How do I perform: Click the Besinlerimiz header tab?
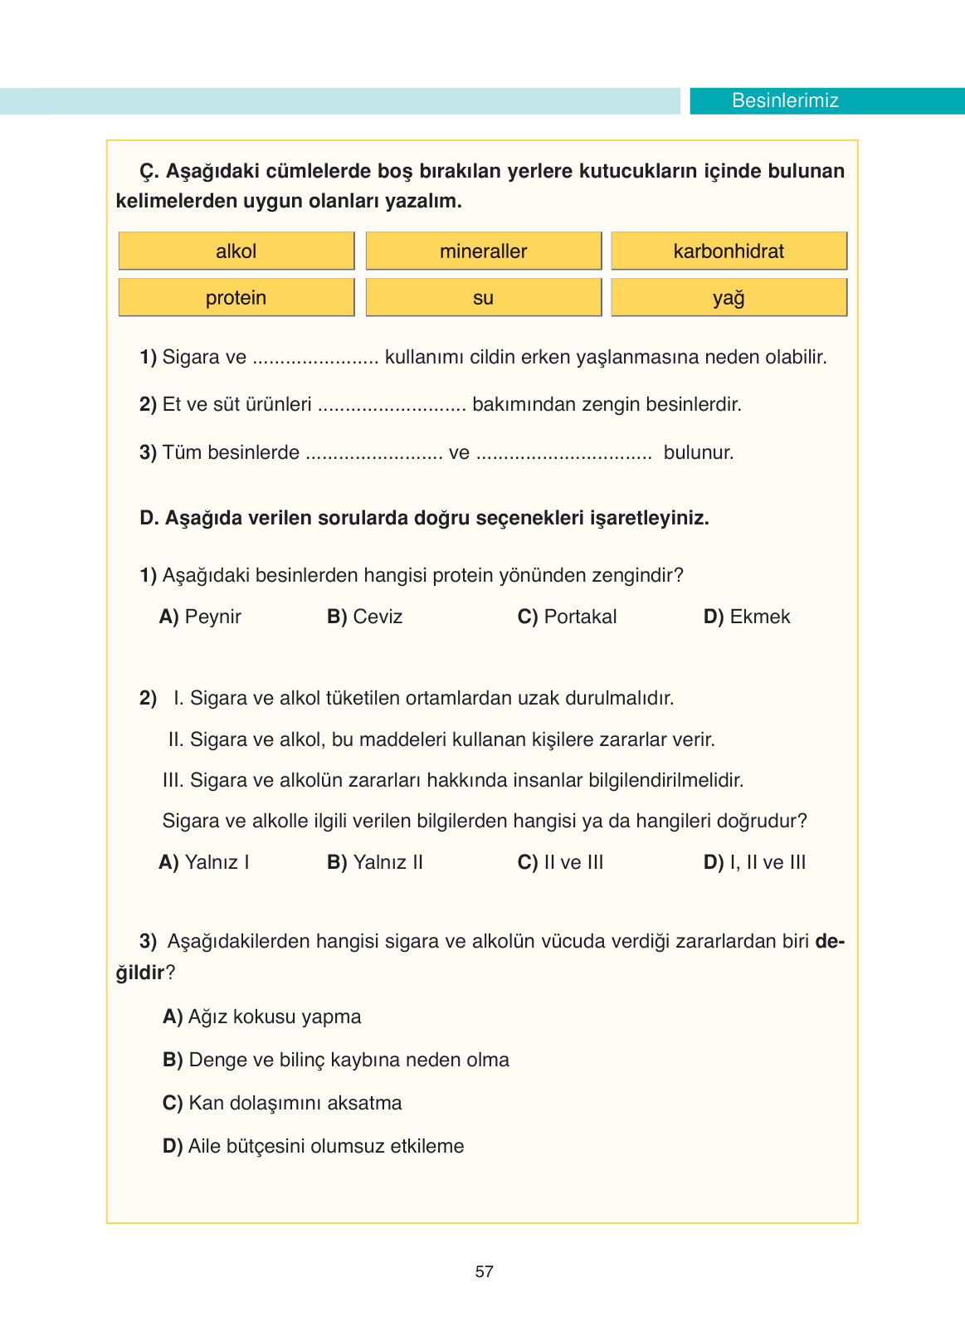point(785,100)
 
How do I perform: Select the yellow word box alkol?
point(236,251)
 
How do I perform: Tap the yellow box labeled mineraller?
point(484,251)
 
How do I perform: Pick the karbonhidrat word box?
point(729,251)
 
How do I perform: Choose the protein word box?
point(236,297)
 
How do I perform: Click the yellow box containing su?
point(484,297)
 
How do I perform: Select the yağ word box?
point(729,297)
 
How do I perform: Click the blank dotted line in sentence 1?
point(315,359)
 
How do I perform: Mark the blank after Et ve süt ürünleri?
point(392,407)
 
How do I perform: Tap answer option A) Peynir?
point(200,617)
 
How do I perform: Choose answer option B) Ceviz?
point(365,617)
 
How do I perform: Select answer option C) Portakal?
point(568,617)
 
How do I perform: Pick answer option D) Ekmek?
point(747,617)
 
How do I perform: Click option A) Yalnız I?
point(204,862)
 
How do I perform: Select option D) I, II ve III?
point(754,862)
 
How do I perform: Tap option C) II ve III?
point(561,862)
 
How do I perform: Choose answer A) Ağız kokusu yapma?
point(262,1017)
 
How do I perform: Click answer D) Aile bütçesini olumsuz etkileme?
point(314,1146)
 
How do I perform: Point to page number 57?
point(485,1271)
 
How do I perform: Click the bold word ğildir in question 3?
point(140,973)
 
